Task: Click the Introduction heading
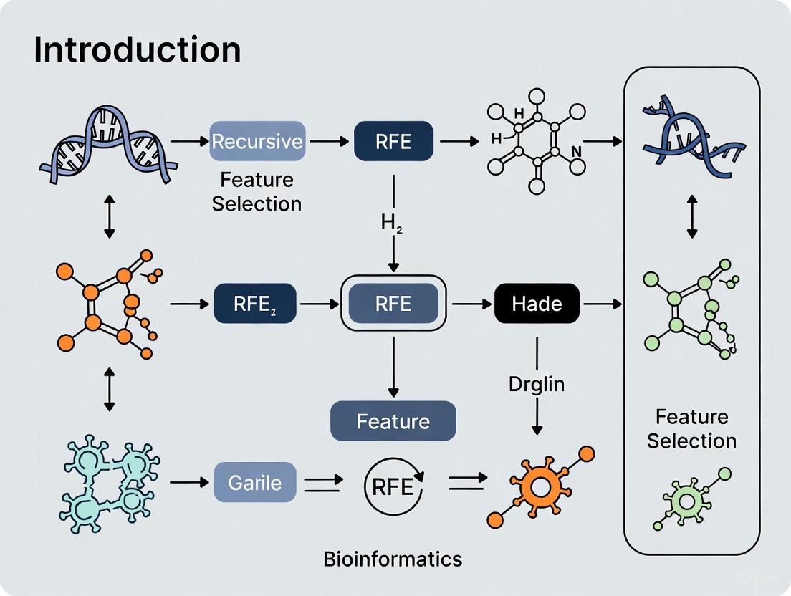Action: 137,49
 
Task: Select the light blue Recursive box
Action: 257,140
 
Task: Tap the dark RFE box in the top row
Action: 393,140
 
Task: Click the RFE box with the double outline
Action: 393,304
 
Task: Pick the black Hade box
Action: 537,304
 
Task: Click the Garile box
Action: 254,482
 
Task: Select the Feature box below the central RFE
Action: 393,420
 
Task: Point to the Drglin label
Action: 537,383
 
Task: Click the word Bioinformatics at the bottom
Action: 393,558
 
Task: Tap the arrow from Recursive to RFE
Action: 328,141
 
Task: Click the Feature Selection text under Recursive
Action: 257,191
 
